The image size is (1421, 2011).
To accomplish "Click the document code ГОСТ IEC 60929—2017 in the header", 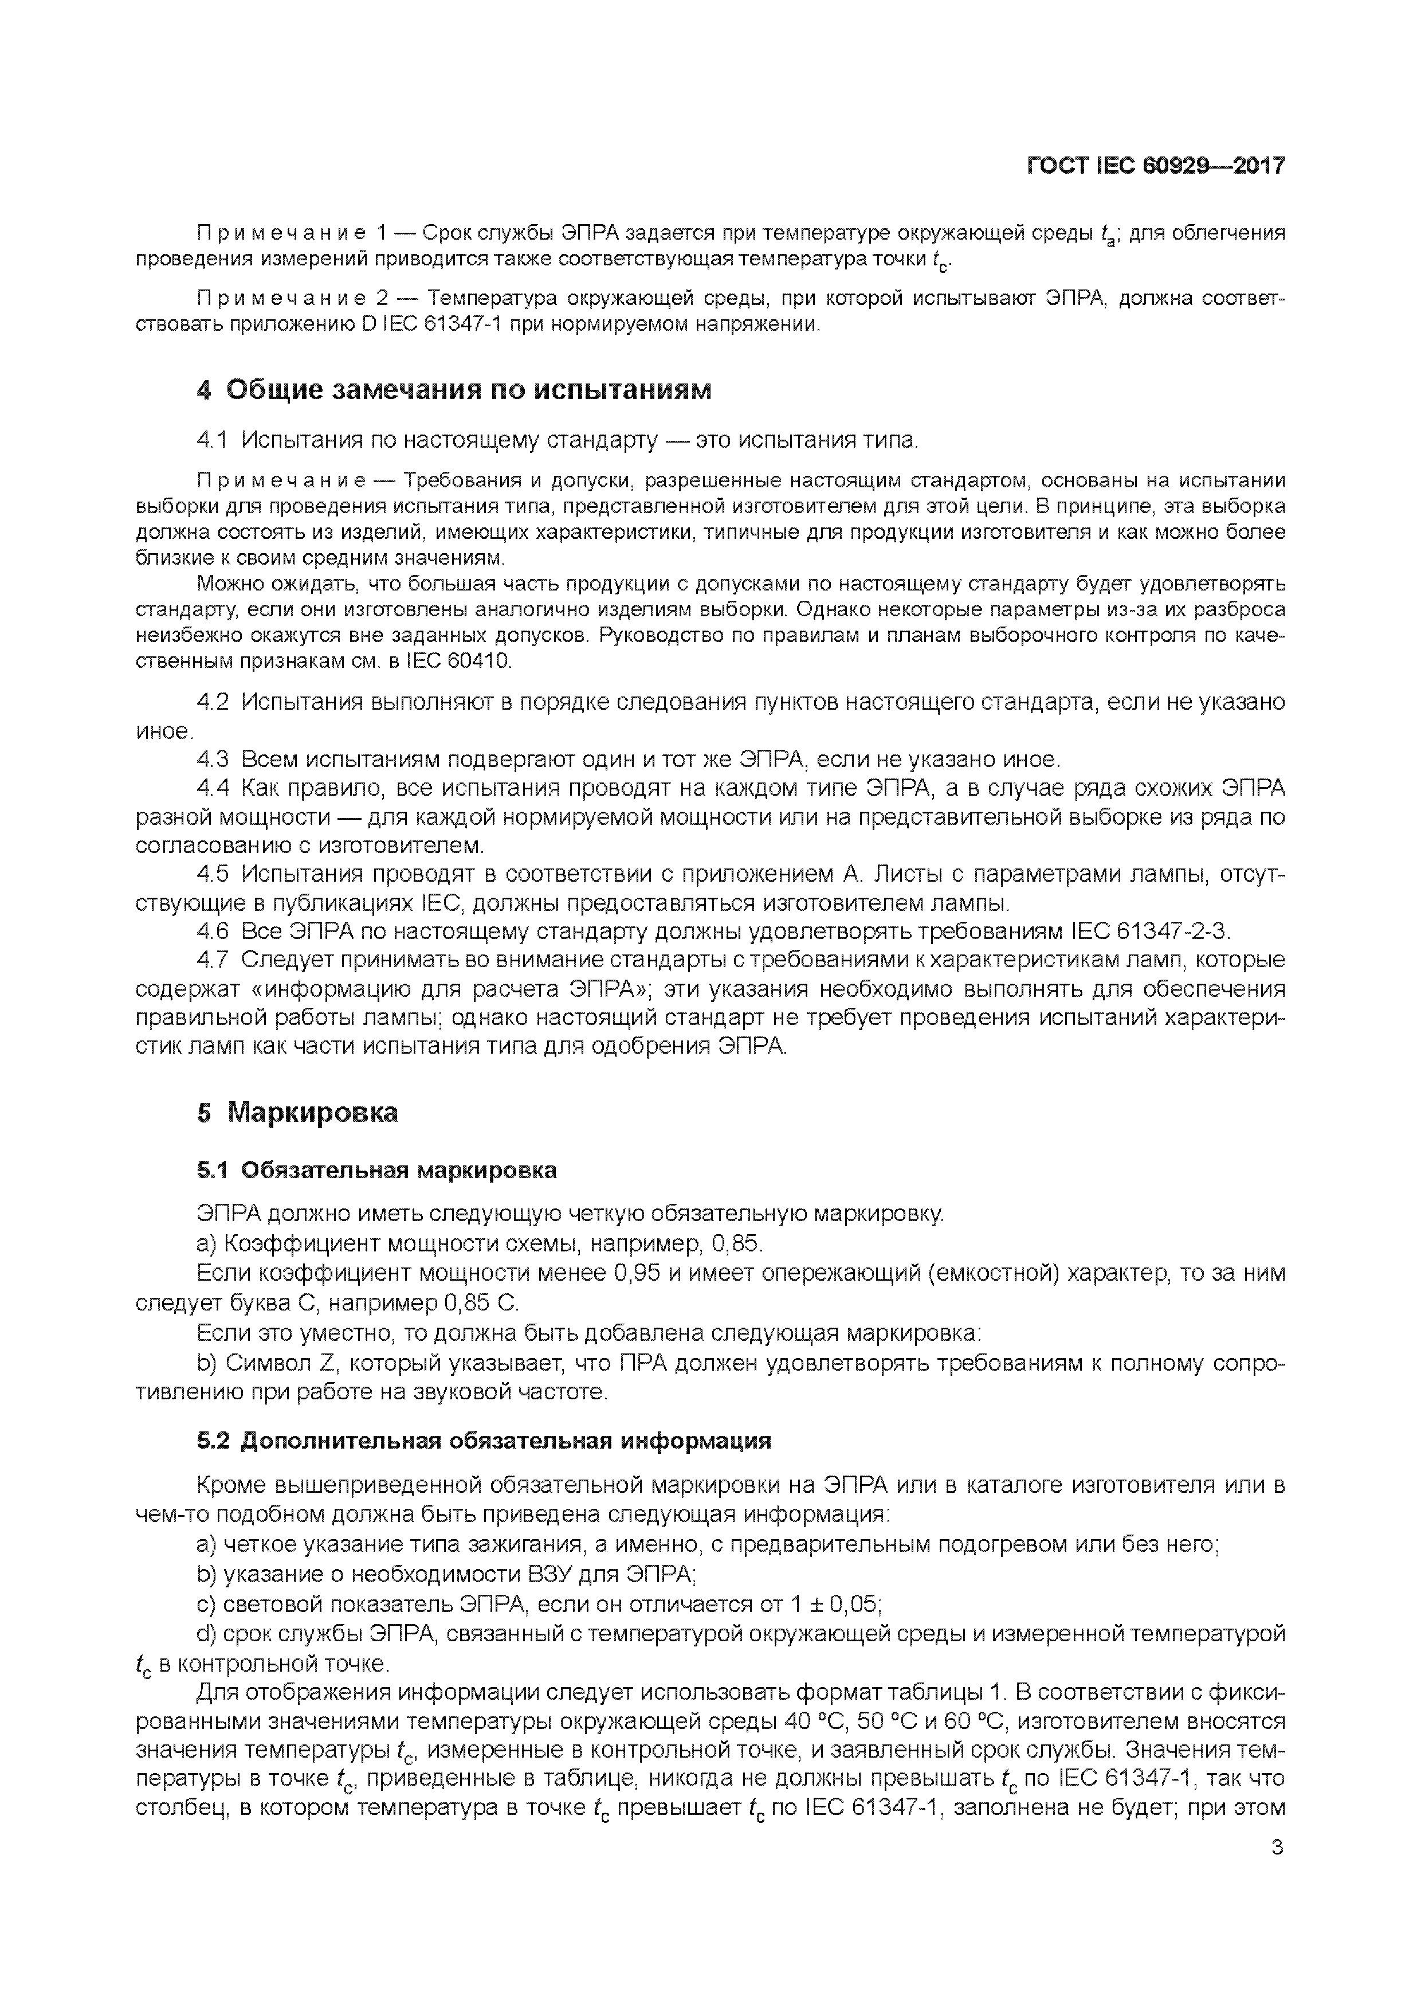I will point(1155,166).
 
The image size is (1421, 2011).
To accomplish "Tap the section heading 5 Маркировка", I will point(297,1112).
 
